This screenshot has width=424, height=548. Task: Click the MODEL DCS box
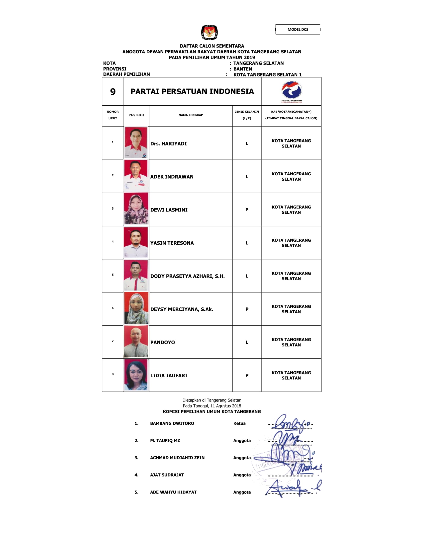(x=298, y=29)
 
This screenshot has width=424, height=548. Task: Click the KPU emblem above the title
(x=209, y=32)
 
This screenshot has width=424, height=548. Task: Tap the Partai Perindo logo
(x=291, y=91)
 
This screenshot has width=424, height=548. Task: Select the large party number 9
(x=113, y=92)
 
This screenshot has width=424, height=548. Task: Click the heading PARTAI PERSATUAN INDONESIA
(x=192, y=92)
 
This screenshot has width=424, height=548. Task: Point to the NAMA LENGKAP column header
(x=191, y=115)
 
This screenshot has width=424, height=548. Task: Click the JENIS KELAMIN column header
(x=247, y=115)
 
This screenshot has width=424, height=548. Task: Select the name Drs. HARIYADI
(x=169, y=143)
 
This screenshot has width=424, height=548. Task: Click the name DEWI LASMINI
(x=169, y=210)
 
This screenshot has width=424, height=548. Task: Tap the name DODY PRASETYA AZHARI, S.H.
(x=187, y=276)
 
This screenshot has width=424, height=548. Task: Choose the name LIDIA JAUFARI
(x=169, y=375)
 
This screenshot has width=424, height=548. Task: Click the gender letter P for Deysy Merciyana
(x=247, y=309)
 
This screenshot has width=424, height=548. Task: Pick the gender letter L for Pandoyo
(x=247, y=342)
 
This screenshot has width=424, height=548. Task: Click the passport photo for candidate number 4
(x=136, y=242)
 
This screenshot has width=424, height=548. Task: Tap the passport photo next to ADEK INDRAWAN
(x=136, y=176)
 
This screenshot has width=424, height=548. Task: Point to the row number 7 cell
(x=112, y=341)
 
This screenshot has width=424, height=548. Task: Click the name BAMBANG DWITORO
(x=172, y=423)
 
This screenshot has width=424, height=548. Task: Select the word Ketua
(x=239, y=423)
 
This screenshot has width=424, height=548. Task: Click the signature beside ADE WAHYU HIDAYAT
(x=289, y=488)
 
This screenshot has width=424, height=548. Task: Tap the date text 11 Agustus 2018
(x=225, y=406)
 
